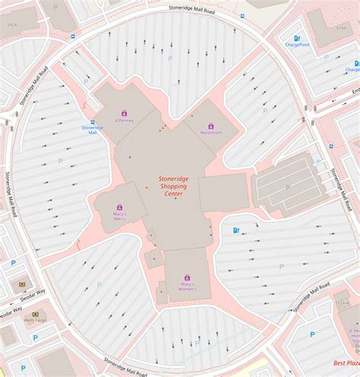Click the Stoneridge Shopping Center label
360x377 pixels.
click(x=174, y=187)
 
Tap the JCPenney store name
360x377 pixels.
click(x=124, y=121)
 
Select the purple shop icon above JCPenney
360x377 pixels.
click(x=124, y=113)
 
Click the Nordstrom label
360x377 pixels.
click(x=211, y=134)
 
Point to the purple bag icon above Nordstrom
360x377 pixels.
click(x=211, y=126)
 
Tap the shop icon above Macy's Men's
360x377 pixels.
click(x=119, y=206)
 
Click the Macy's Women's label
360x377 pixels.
click(x=187, y=287)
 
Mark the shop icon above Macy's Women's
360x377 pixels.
click(x=187, y=278)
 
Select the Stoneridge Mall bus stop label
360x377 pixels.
click(x=93, y=130)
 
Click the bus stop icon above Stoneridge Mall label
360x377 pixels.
click(x=93, y=121)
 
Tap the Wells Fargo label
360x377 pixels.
click(x=34, y=321)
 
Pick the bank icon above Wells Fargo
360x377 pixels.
click(x=35, y=313)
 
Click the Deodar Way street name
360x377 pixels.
click(x=11, y=311)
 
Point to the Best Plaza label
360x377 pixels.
click(x=346, y=363)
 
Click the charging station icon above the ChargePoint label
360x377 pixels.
click(x=297, y=38)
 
